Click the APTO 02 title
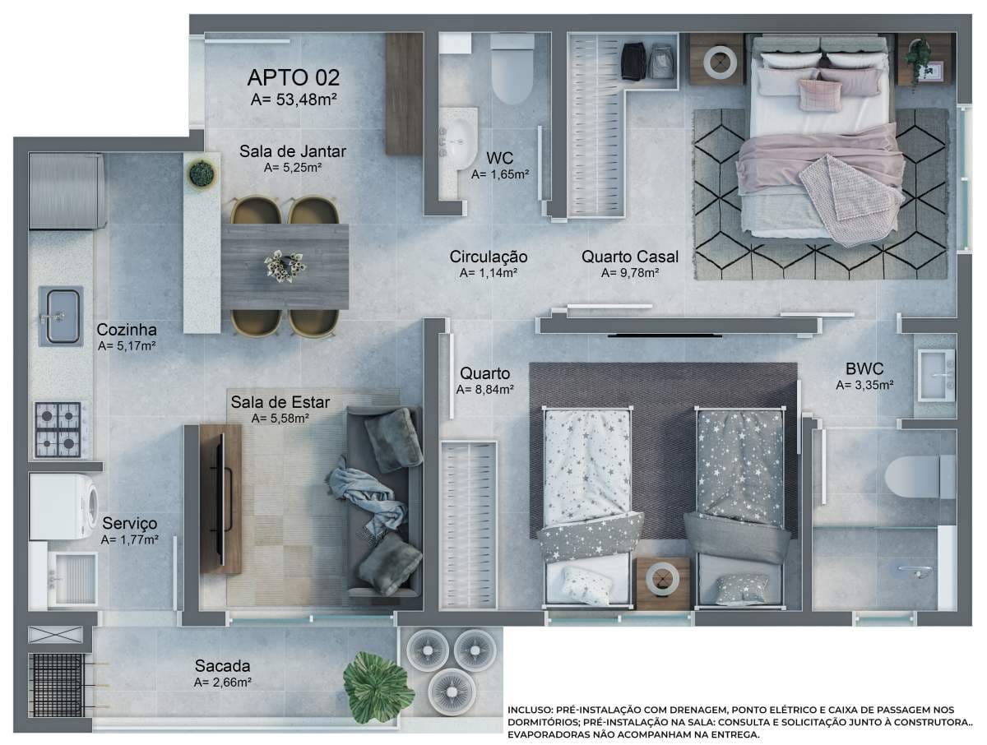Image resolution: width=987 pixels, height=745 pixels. click(293, 77)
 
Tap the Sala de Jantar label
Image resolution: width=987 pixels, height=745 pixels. click(292, 151)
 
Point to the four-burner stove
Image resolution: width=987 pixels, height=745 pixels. click(58, 429)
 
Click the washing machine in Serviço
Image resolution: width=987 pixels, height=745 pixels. click(63, 507)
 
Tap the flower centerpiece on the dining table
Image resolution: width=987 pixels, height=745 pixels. click(285, 266)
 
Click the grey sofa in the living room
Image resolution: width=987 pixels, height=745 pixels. click(384, 502)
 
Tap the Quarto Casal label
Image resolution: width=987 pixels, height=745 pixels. click(629, 257)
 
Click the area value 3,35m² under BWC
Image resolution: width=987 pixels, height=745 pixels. click(864, 385)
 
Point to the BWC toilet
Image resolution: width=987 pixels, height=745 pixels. click(920, 476)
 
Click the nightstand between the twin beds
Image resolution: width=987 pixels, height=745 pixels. click(663, 584)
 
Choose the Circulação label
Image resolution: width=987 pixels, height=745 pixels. click(489, 257)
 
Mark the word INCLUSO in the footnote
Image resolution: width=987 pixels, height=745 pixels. click(529, 710)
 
